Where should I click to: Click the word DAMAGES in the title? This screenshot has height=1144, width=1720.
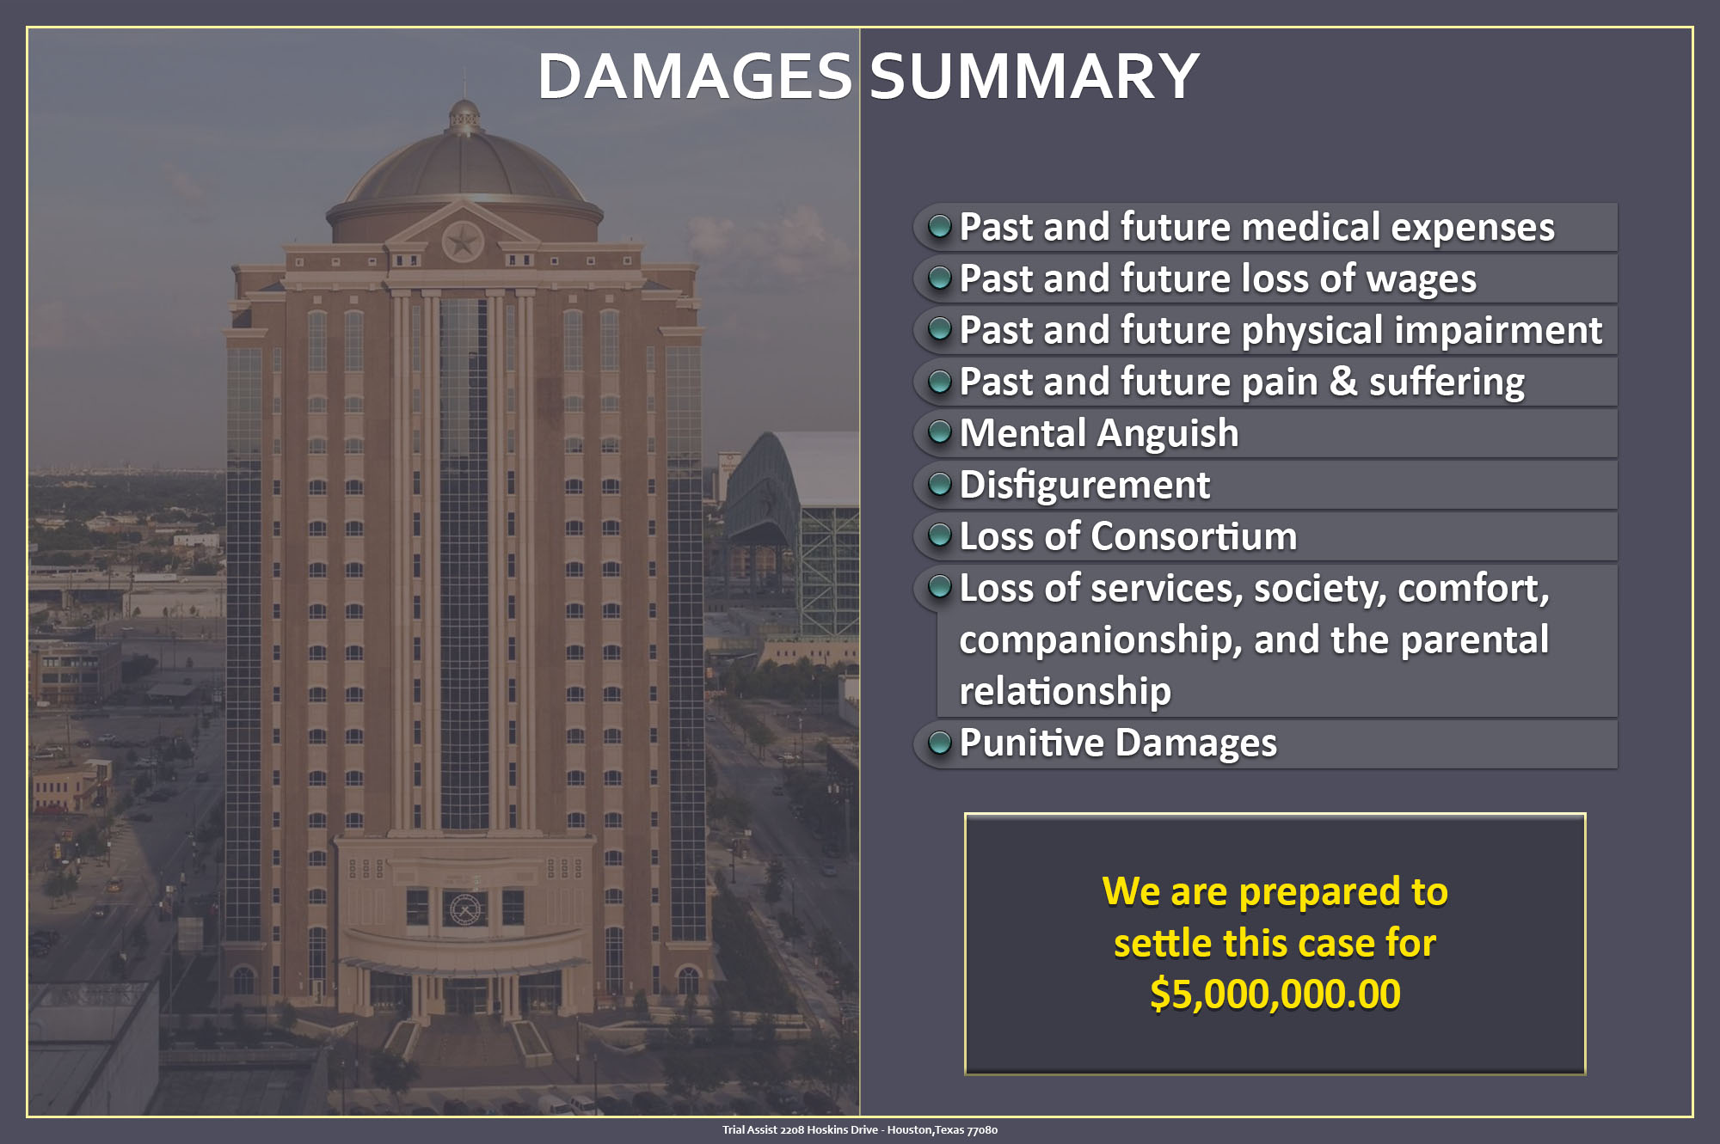(695, 76)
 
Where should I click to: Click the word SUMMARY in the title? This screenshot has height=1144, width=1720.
(1035, 76)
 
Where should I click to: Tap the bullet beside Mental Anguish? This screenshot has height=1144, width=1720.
(940, 431)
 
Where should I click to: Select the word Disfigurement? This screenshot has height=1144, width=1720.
(1084, 485)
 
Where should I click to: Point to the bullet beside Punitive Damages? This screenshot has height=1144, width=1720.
(940, 742)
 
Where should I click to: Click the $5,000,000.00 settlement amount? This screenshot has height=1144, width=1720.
(1275, 994)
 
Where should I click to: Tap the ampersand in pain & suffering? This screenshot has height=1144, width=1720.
(1343, 382)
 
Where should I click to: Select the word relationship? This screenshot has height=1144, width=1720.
(1066, 692)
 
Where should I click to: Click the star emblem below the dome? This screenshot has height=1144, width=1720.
(463, 242)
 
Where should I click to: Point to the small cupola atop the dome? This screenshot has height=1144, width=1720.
(464, 117)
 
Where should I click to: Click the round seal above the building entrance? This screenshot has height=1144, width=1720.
(464, 908)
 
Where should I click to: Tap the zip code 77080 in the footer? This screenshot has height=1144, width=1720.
(982, 1130)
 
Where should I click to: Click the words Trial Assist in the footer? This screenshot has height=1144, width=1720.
(750, 1130)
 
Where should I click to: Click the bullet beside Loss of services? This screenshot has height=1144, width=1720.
(940, 586)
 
